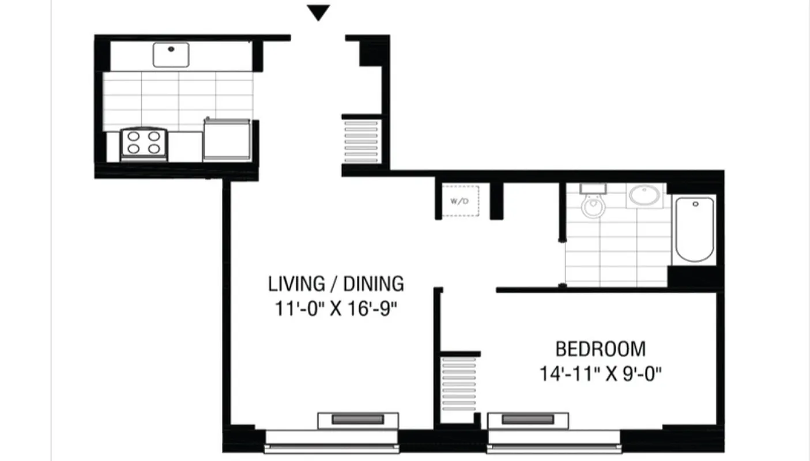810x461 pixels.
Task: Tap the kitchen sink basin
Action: pyautogui.click(x=171, y=54)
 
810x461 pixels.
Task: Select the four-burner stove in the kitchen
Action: pyautogui.click(x=144, y=143)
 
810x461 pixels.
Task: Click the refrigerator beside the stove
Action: pyautogui.click(x=227, y=139)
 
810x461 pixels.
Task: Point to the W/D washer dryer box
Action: pyautogui.click(x=459, y=201)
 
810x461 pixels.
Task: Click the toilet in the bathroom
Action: pyautogui.click(x=593, y=203)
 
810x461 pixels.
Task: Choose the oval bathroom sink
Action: pyautogui.click(x=644, y=195)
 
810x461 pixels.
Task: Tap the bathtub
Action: pyautogui.click(x=694, y=229)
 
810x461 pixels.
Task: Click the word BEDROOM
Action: pyautogui.click(x=600, y=349)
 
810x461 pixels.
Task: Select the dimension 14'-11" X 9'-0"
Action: pyautogui.click(x=600, y=375)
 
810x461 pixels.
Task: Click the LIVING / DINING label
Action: pyautogui.click(x=336, y=284)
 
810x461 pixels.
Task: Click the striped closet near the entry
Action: pyautogui.click(x=361, y=141)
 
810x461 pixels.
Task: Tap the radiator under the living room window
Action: pyautogui.click(x=358, y=420)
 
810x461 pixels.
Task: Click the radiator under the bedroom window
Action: pyautogui.click(x=528, y=420)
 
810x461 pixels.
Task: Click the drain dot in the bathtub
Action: pyautogui.click(x=695, y=204)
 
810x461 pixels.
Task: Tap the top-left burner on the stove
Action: pyautogui.click(x=134, y=137)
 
